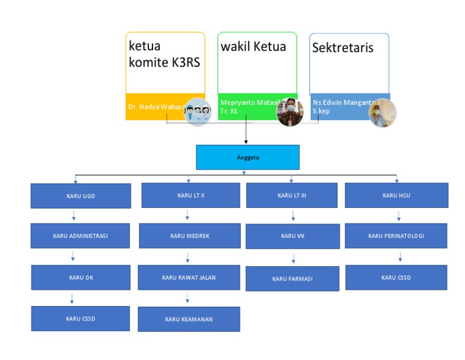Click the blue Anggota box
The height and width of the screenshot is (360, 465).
pos(248,157)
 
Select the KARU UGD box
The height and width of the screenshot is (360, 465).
pos(81,196)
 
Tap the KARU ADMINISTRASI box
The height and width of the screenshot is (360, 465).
pos(80,236)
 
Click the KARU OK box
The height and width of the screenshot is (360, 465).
pos(81,277)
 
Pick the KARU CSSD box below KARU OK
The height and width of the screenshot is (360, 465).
pos(81,318)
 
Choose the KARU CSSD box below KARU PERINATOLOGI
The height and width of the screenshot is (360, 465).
pos(396,278)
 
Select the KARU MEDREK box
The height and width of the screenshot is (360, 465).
pos(190,236)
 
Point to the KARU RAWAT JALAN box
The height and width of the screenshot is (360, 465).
pos(189,277)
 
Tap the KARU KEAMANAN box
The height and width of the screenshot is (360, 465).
pos(189,319)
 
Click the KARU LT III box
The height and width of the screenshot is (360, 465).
pos(292,195)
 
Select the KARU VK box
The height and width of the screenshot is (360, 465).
pos(292,236)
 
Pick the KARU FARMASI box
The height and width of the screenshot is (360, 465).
pos(292,279)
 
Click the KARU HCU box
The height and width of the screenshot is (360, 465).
pos(397,195)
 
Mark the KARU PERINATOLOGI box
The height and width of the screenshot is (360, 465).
pos(396,236)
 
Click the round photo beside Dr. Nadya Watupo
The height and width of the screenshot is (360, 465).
pos(197,112)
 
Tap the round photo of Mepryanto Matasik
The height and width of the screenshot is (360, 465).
pos(290,112)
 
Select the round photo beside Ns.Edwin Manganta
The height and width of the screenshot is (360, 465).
pos(383,113)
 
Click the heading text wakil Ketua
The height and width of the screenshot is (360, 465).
pos(253,46)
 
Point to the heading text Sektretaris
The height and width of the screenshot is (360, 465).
pos(343,48)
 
